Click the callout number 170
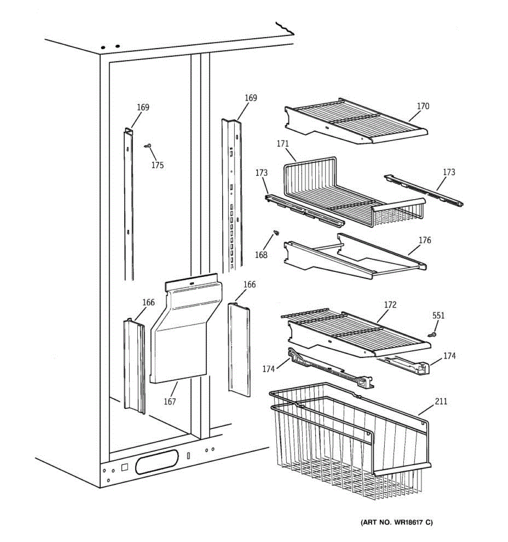[x=423, y=107]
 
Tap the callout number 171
[x=283, y=144]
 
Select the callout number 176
[x=424, y=240]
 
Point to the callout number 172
[x=390, y=305]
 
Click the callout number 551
[x=438, y=316]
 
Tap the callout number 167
[x=170, y=402]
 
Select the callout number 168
[x=261, y=255]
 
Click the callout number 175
[x=157, y=165]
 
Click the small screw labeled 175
[x=148, y=145]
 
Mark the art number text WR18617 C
[x=397, y=523]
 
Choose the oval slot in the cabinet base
[x=156, y=462]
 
